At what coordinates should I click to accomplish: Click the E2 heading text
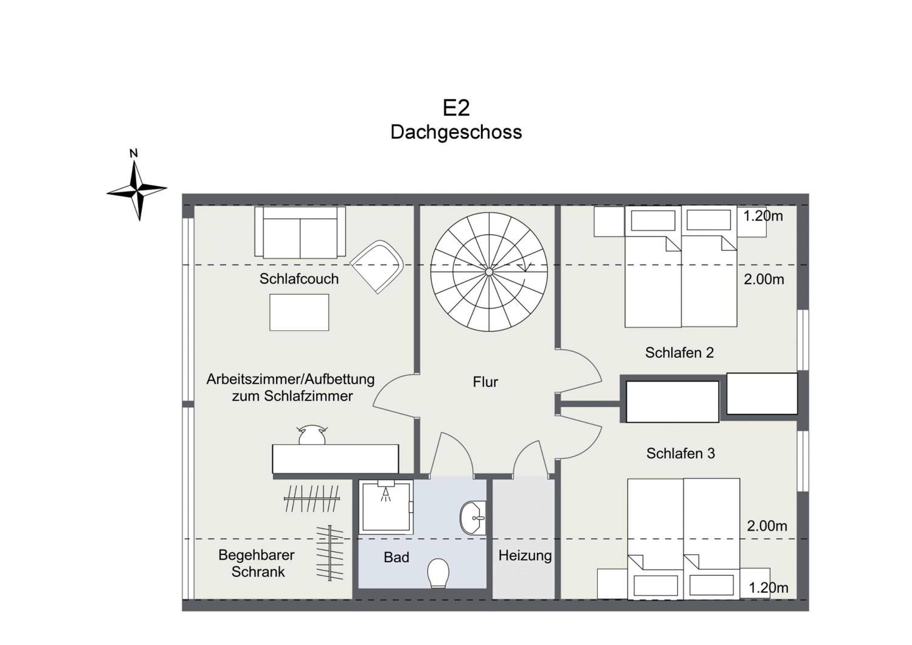point(456,108)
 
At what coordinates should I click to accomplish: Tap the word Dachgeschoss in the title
point(456,132)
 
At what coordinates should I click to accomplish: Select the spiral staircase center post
point(489,272)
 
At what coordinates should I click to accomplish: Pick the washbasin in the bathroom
point(473,518)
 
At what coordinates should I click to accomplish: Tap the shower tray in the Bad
point(386,507)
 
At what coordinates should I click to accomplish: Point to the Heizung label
point(525,556)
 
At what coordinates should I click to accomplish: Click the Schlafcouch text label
point(299,279)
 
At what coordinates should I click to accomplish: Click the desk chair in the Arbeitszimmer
point(312,435)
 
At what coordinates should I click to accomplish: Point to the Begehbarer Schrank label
point(257,563)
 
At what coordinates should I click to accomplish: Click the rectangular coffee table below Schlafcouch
point(299,312)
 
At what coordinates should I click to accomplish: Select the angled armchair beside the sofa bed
point(377,267)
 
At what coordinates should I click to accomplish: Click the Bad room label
point(396,557)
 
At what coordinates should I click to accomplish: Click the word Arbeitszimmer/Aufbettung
point(290,379)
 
